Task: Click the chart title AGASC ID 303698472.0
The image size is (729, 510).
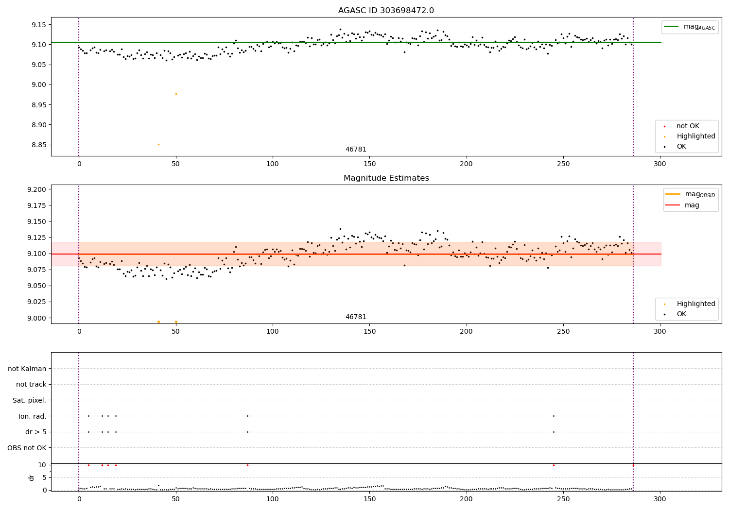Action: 386,11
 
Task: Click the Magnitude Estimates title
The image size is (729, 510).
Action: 386,178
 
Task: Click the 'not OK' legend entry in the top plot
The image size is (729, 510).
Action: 687,126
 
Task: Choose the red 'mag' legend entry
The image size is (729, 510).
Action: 692,205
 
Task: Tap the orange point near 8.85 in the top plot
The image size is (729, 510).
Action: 158,144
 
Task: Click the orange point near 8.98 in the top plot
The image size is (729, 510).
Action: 176,94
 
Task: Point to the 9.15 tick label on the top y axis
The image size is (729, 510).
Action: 37,25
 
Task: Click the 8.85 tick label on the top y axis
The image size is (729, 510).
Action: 37,145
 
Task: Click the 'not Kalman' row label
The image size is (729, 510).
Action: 27,369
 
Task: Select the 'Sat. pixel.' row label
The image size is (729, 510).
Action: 30,400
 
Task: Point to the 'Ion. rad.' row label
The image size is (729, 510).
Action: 33,416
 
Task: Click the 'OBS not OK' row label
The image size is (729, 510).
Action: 27,448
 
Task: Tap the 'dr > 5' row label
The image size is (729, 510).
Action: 36,432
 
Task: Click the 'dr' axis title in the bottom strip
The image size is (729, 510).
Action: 32,477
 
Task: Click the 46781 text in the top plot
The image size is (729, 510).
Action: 356,150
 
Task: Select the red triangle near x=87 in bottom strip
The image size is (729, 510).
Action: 247,465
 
